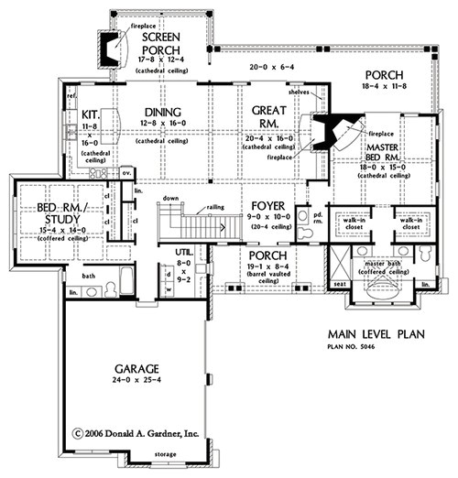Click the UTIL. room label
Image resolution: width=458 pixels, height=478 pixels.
tap(185, 252)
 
